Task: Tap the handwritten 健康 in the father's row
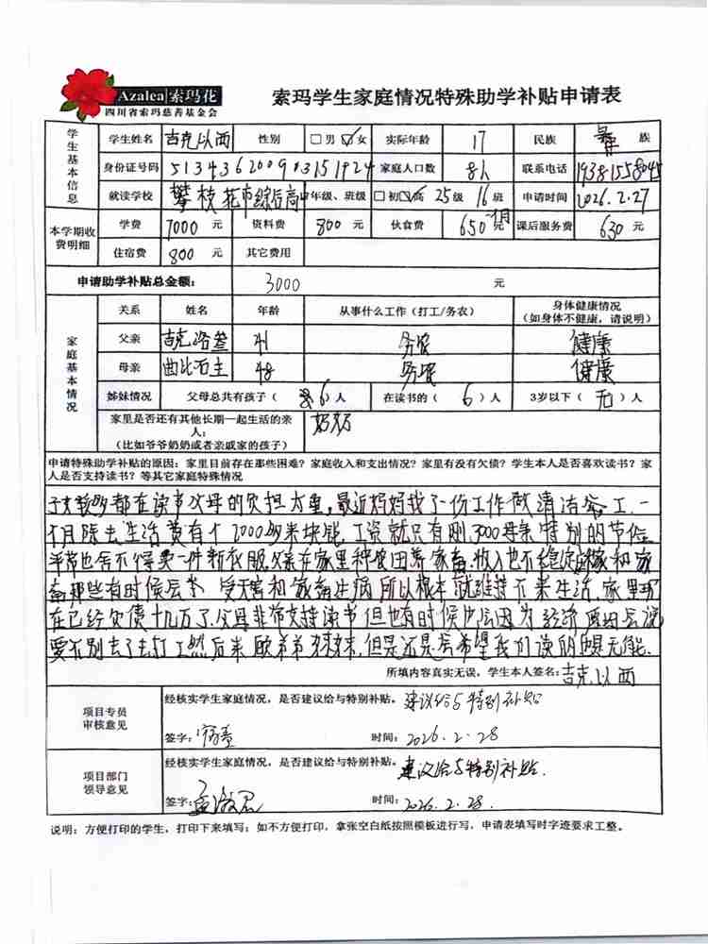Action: click(x=599, y=339)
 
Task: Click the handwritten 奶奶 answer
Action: click(x=329, y=419)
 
